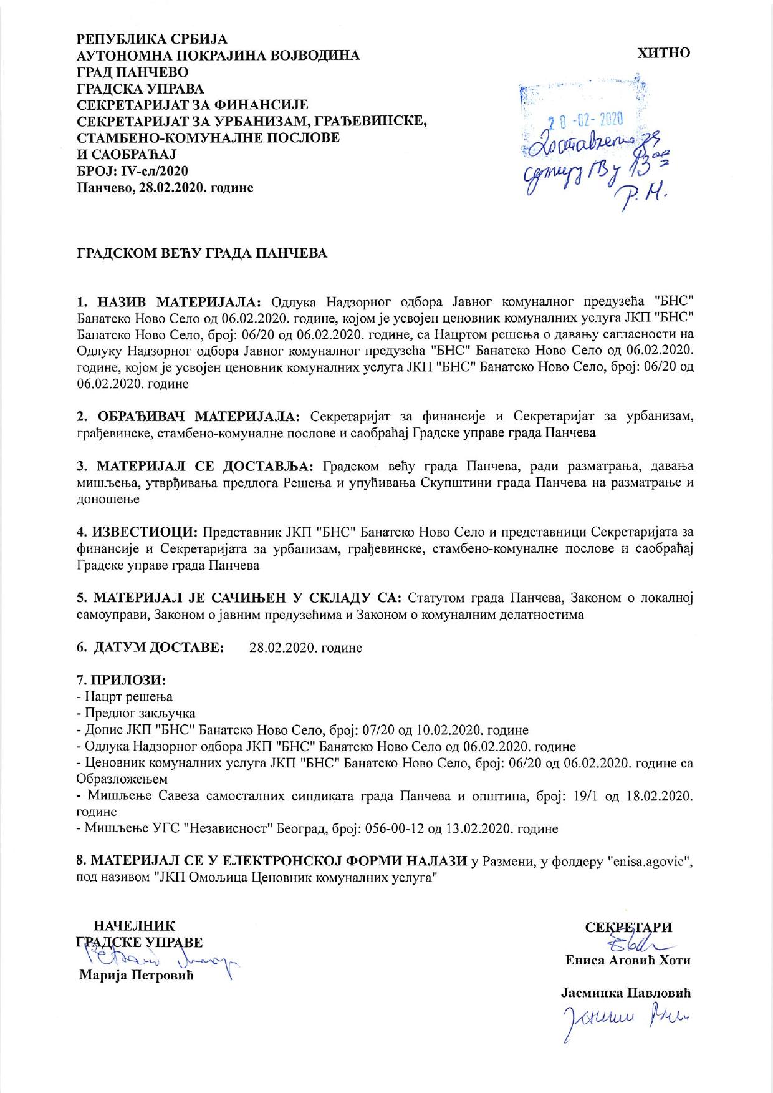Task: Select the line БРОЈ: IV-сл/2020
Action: tap(132, 170)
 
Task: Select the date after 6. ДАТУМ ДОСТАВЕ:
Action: tap(305, 648)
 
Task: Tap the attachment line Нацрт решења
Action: tap(127, 696)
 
